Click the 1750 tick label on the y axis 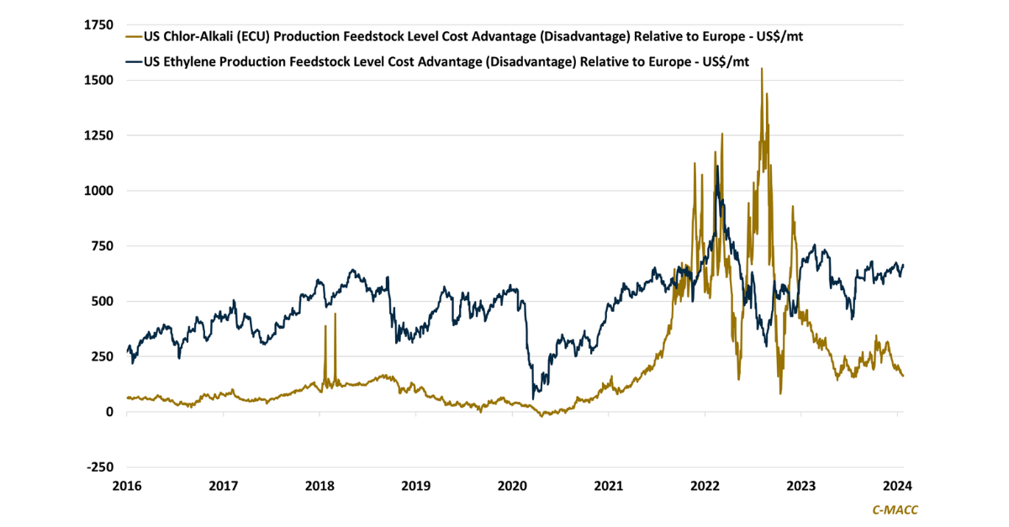tap(99, 25)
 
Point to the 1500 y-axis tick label tap(99, 81)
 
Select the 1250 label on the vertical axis tap(99, 135)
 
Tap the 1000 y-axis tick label tap(99, 191)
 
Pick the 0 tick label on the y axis tap(109, 412)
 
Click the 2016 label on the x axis tap(127, 485)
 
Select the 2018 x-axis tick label tap(320, 485)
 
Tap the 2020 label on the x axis tap(512, 485)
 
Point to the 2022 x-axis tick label tap(705, 485)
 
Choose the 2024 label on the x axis tap(897, 485)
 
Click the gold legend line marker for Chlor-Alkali tap(133, 37)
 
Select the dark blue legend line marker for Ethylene tap(133, 60)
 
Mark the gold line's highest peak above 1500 tap(762, 69)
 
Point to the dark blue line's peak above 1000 tap(717, 166)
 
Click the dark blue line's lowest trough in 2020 tap(533, 398)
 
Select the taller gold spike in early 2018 tap(335, 314)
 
